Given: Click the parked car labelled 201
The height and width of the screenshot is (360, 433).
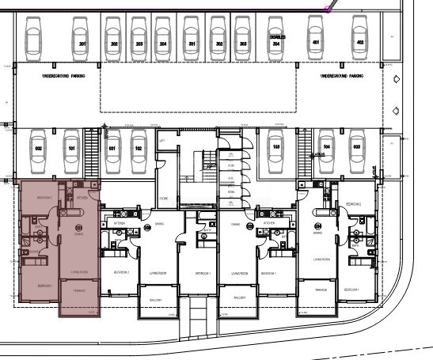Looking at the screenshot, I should pyautogui.click(x=82, y=38).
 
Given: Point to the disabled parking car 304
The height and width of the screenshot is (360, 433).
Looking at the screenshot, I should pyautogui.click(x=275, y=38).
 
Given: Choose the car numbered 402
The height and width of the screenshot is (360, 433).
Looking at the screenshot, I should pyautogui.click(x=360, y=38).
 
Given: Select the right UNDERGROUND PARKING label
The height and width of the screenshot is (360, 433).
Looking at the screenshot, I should pyautogui.click(x=341, y=76).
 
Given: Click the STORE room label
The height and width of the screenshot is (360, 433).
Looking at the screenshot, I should pyautogui.click(x=162, y=198).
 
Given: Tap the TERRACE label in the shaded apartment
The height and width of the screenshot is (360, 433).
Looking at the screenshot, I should pyautogui.click(x=79, y=290).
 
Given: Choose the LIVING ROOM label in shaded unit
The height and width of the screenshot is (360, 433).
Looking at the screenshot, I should pyautogui.click(x=78, y=271).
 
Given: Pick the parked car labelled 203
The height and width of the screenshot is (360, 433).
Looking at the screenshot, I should pyautogui.click(x=139, y=38).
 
